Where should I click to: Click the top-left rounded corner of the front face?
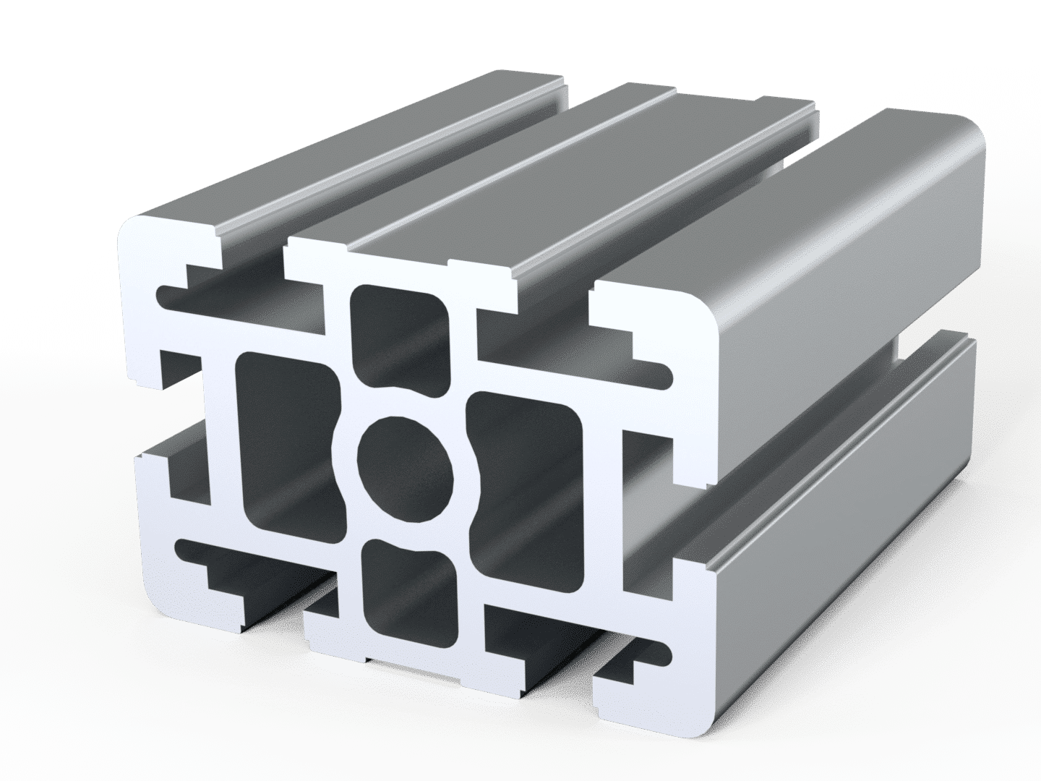(x=134, y=231)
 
